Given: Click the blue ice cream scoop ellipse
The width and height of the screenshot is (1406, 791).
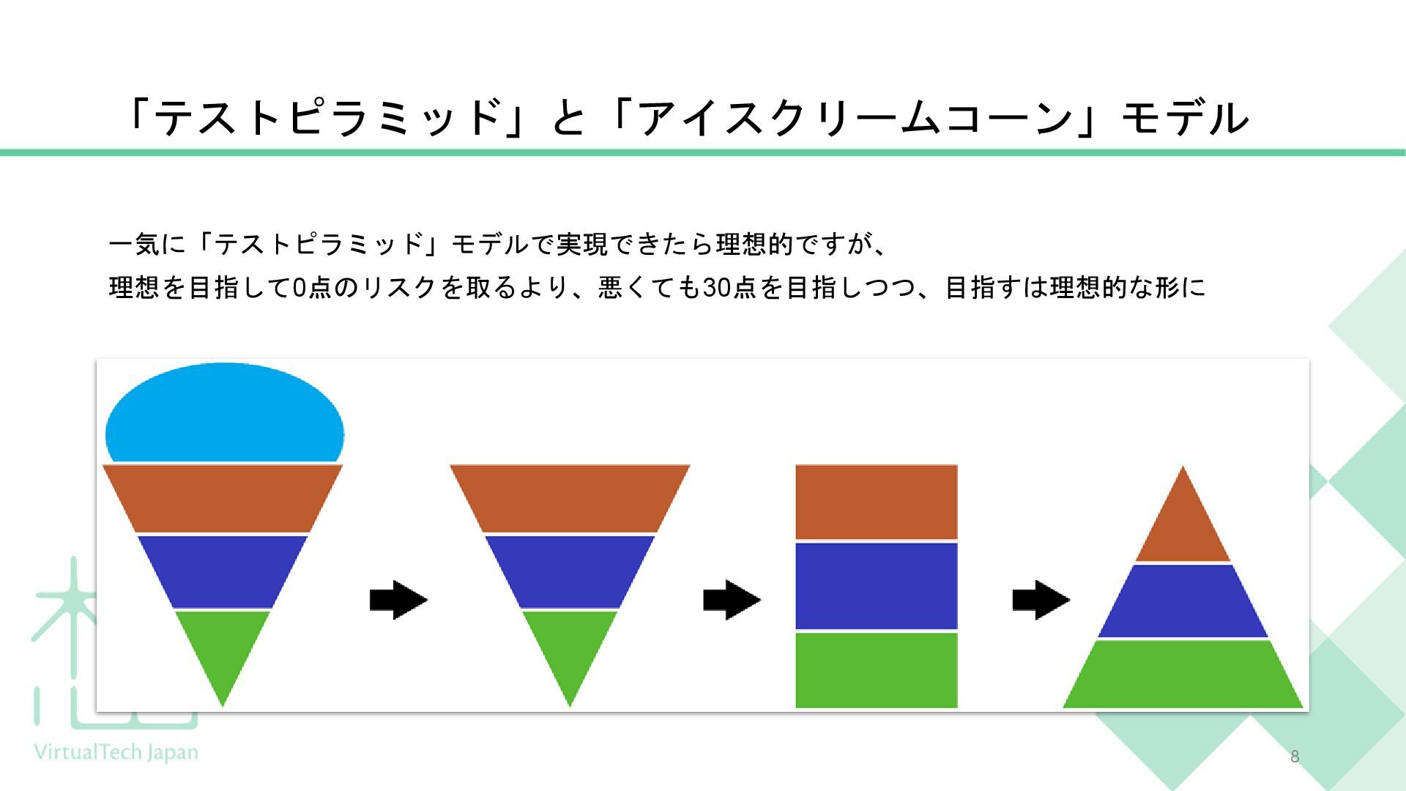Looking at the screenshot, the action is (224, 414).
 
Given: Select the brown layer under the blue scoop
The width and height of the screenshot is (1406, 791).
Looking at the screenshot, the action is (223, 498).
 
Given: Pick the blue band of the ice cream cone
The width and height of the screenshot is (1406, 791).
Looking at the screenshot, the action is (223, 571).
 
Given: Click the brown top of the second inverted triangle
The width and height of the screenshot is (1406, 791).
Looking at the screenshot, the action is (570, 498).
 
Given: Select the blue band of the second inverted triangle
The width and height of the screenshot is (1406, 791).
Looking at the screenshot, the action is (570, 571).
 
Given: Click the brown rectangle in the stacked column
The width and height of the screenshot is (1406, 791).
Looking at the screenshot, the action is (877, 502).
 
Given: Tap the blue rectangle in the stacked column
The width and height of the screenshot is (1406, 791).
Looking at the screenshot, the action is (877, 586).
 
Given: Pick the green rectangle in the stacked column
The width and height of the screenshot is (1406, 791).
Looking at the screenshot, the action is (877, 670).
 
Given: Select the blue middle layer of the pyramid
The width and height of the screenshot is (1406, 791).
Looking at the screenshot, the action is (1183, 601).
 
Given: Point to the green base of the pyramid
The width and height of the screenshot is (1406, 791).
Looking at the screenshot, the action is (1183, 675).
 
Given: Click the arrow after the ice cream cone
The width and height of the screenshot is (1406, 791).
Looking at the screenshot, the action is (398, 600).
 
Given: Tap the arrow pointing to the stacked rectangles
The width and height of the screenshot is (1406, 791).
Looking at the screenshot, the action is (732, 600).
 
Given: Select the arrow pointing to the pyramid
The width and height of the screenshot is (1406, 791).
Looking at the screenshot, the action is (1041, 600).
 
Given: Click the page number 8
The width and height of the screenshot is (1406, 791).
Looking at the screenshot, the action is (1295, 757).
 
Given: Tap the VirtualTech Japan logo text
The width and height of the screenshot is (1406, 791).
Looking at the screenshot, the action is (116, 752).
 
